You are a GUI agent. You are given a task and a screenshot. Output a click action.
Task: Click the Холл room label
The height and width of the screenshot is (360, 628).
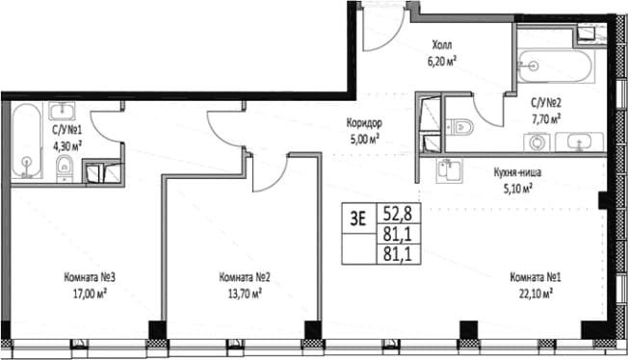pyautogui.click(x=442, y=44)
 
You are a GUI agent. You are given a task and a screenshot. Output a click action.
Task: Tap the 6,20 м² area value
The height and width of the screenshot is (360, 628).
pyautogui.click(x=442, y=61)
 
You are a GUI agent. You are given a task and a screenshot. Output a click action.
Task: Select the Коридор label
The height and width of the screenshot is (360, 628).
pyautogui.click(x=364, y=123)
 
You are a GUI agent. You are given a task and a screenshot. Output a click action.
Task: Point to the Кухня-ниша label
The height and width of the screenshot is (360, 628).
pyautogui.click(x=517, y=172)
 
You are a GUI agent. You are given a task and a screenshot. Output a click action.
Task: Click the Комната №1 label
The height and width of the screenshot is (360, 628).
pyautogui.click(x=536, y=277)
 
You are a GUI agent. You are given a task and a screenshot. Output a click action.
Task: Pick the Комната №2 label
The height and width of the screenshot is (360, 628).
pyautogui.click(x=245, y=277)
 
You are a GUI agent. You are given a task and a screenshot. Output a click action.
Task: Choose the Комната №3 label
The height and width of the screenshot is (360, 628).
pyautogui.click(x=90, y=277)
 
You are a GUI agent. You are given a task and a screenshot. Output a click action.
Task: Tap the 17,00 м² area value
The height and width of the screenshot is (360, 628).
pyautogui.click(x=90, y=294)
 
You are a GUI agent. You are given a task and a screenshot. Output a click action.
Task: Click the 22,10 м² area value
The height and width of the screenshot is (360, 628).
pyautogui.click(x=536, y=294)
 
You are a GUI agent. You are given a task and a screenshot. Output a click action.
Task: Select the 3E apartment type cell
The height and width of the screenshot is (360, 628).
pyautogui.click(x=358, y=219)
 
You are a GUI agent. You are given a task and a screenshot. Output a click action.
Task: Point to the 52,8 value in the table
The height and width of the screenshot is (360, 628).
pyautogui.click(x=398, y=214)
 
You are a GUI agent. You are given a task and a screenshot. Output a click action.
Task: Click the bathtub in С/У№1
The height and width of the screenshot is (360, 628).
pyautogui.click(x=26, y=141)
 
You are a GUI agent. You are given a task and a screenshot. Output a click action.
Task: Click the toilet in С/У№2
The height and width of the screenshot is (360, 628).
pyautogui.click(x=459, y=127)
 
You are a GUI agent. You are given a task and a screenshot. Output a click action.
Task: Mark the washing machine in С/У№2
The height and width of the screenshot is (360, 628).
pyautogui.click(x=536, y=142)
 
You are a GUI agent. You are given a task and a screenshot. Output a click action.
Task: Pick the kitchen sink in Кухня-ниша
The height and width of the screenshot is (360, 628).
pyautogui.click(x=450, y=170)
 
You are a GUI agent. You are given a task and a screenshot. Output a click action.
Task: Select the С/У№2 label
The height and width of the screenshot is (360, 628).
pyautogui.click(x=546, y=103)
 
